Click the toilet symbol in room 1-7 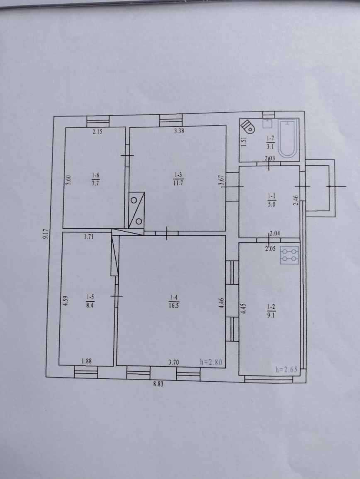[x=247, y=126]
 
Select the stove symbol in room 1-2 [x=289, y=255]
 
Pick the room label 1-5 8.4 [x=89, y=301]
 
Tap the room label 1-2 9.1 [x=271, y=311]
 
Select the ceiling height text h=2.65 [x=286, y=370]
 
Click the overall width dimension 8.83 [x=158, y=384]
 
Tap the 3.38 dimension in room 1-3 [x=179, y=131]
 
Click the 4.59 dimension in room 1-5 [x=65, y=300]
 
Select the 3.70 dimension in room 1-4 [x=173, y=363]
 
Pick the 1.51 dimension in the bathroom [x=244, y=142]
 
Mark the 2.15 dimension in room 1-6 [x=97, y=132]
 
